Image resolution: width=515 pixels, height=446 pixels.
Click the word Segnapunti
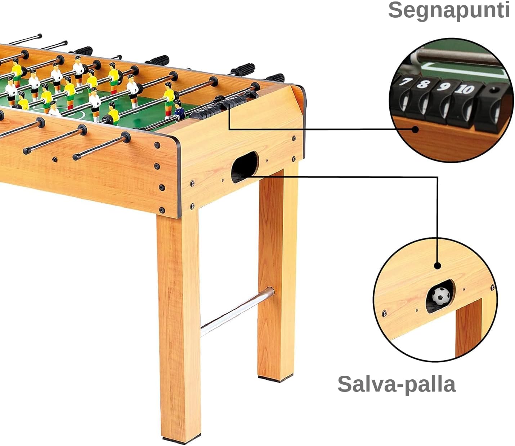(x=449, y=10)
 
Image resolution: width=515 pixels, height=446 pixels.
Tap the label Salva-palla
(x=397, y=384)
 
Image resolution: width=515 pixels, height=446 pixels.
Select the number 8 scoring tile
(x=423, y=84)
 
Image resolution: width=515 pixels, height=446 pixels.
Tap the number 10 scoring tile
(x=464, y=89)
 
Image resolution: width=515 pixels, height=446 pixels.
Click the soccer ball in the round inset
(x=441, y=295)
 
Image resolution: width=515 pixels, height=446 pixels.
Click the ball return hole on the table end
(x=245, y=167)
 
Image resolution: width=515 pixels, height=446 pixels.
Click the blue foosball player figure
(x=179, y=111)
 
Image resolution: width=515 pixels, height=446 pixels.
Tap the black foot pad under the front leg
(x=181, y=439)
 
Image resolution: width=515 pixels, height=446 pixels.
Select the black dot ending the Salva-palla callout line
(x=438, y=266)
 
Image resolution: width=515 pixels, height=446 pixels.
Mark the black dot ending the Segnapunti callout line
(x=416, y=129)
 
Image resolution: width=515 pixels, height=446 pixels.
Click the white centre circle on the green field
(x=77, y=114)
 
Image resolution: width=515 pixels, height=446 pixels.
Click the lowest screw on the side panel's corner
(x=162, y=210)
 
